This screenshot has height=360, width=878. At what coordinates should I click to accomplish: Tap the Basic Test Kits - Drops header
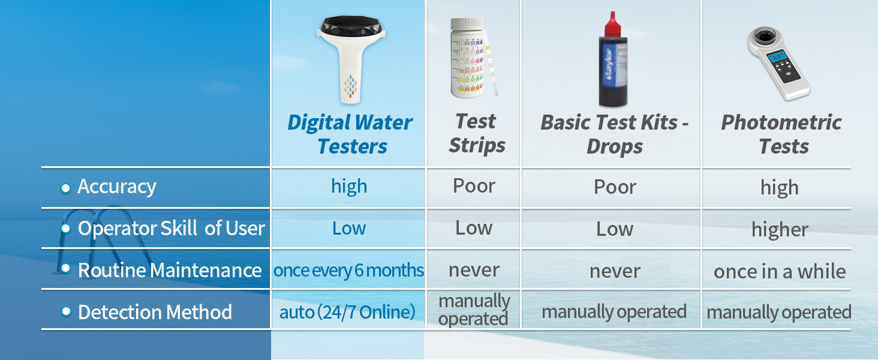[x=614, y=134]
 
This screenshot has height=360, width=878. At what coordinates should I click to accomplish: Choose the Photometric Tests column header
[x=781, y=134]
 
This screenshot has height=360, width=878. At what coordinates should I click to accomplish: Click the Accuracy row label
[x=117, y=187]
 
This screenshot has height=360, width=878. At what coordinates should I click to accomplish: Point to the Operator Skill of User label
[x=172, y=228]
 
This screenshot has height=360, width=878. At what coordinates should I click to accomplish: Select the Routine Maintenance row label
[x=170, y=270]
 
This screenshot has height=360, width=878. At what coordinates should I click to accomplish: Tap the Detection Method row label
[x=155, y=312]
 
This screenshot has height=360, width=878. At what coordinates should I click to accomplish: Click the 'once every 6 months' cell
[x=348, y=271]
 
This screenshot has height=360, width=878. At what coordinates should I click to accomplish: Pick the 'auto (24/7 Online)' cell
[x=347, y=313]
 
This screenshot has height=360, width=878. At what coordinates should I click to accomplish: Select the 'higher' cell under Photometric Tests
[x=780, y=229]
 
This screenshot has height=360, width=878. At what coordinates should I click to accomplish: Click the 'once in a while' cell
[x=780, y=271]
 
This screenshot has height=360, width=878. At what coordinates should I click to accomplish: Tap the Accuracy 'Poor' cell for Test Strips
[x=474, y=186]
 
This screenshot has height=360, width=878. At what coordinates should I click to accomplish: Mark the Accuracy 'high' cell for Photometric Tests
[x=780, y=188]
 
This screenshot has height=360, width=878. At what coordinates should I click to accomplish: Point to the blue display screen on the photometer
[x=777, y=58]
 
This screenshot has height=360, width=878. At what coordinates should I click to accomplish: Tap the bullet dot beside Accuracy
[x=66, y=188]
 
